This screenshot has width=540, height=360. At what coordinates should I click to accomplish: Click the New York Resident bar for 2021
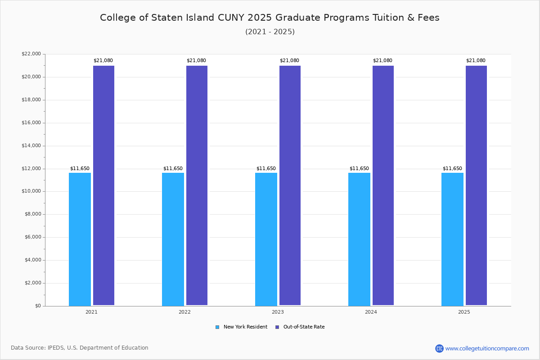tap(80, 239)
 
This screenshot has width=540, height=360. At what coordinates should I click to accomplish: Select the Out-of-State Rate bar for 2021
tap(103, 185)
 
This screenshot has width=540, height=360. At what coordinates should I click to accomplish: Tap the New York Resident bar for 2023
tap(266, 239)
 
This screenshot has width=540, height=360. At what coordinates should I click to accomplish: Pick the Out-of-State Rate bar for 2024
tap(383, 185)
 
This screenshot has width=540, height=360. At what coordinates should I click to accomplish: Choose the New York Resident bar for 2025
tap(452, 239)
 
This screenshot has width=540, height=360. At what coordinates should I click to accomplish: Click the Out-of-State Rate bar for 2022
tap(197, 185)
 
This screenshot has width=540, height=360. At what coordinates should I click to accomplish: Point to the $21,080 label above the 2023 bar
tap(289, 61)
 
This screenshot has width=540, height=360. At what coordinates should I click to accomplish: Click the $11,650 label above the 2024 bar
tap(359, 169)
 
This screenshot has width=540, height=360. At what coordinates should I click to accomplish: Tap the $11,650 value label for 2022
tap(173, 169)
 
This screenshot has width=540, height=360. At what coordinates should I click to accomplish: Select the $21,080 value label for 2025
tap(476, 61)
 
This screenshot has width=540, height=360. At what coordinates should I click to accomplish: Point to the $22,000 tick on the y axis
tap(31, 54)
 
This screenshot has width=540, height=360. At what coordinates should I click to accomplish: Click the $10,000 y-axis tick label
tap(31, 191)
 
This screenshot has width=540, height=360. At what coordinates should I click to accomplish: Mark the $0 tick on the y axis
tap(37, 306)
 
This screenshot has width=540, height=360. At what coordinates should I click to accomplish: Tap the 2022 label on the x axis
tap(184, 312)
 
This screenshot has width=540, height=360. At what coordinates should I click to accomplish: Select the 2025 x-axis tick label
tap(464, 312)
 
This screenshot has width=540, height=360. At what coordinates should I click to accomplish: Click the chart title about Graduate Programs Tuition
tap(270, 18)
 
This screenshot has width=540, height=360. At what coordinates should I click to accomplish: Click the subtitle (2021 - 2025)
tap(270, 32)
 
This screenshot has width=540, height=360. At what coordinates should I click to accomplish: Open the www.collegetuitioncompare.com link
tap(487, 348)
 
